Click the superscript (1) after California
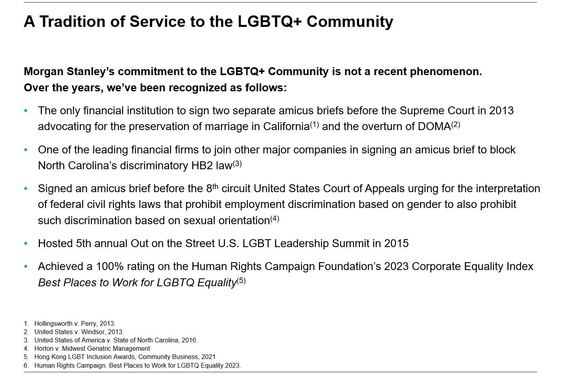(x=315, y=125)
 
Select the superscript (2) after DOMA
(x=456, y=125)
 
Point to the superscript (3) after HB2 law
(x=237, y=164)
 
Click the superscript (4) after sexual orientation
(x=274, y=219)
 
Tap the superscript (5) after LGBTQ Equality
(x=241, y=281)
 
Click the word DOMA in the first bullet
(x=434, y=127)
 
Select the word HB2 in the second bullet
(x=202, y=166)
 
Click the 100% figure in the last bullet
(x=110, y=266)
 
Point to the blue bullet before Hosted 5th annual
(x=26, y=244)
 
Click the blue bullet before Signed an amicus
(x=26, y=189)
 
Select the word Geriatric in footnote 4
(x=92, y=348)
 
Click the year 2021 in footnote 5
(x=208, y=357)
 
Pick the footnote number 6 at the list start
(x=26, y=365)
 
